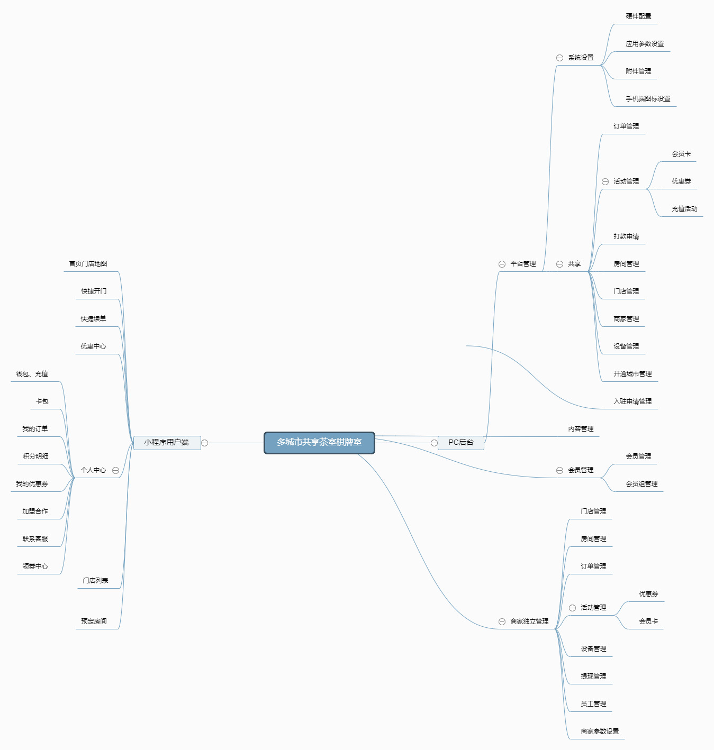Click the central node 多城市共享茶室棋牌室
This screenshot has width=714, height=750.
[319, 443]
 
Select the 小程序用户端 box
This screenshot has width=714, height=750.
[167, 443]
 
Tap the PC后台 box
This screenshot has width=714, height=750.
[461, 443]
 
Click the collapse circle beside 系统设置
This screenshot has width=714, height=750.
[560, 58]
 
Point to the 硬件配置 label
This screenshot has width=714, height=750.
[638, 16]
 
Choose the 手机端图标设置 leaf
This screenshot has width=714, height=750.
[648, 99]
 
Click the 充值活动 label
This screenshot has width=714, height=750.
[684, 209]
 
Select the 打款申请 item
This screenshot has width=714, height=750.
[626, 236]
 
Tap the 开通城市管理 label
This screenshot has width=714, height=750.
[632, 374]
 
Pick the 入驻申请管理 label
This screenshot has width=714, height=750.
[632, 401]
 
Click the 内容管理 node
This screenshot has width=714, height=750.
[581, 429]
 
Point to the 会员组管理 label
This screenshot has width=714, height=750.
[641, 484]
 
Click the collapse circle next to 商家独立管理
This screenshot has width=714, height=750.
[502, 622]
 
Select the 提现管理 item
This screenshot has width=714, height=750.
[593, 676]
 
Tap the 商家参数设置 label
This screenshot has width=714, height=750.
[600, 731]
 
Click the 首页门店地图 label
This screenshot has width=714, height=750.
[88, 263]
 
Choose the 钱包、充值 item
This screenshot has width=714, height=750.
[32, 374]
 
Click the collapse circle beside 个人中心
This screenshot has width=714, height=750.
[116, 470]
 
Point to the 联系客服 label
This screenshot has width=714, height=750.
[35, 538]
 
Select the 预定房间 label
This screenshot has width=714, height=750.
[94, 621]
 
